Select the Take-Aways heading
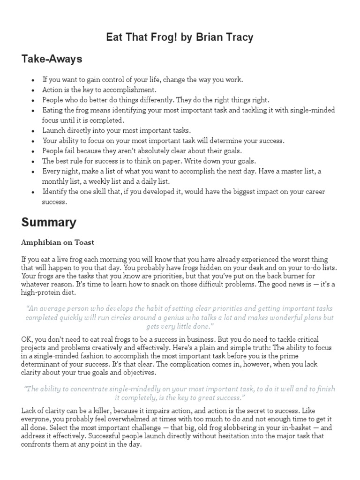[52, 59]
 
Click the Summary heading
[49, 222]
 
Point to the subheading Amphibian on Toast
[58, 242]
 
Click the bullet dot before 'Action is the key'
[33, 90]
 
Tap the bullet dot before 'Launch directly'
[33, 131]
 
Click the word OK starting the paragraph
[27, 339]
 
